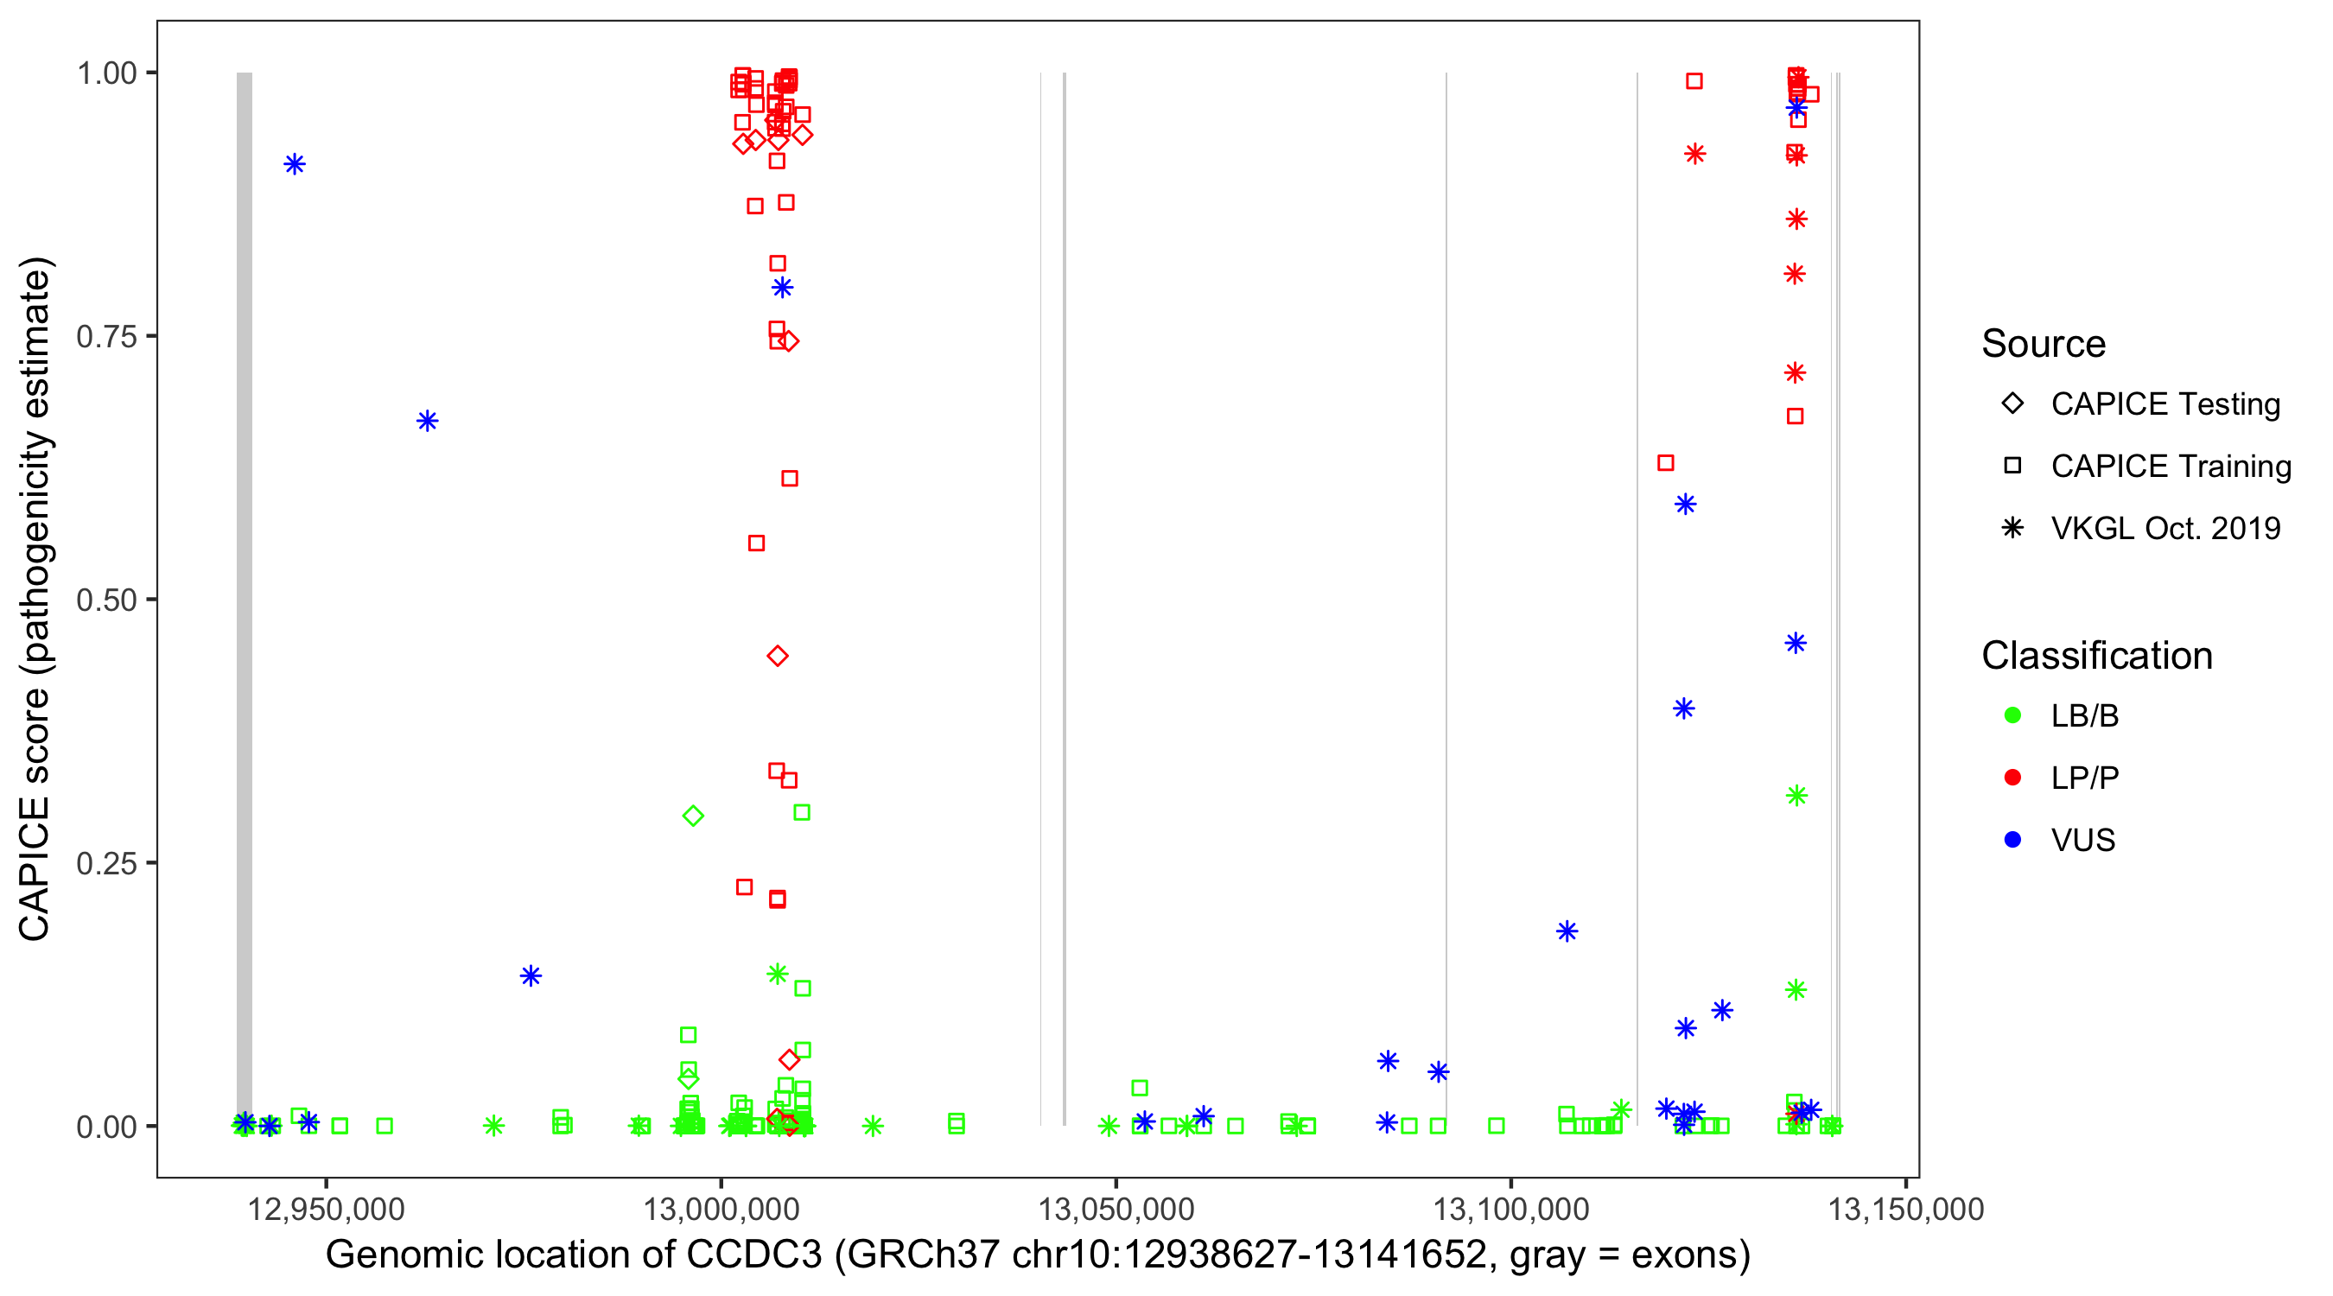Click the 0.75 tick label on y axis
coord(105,337)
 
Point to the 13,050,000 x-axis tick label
coord(1116,1210)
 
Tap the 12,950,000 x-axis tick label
coord(326,1210)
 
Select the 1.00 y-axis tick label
coord(105,73)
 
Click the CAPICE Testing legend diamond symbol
coord(2012,404)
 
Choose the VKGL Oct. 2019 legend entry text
coord(2165,529)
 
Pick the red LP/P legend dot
coord(2012,778)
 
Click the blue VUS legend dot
coord(2012,841)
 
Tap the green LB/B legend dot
coord(2012,715)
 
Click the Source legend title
coord(2044,344)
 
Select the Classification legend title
coord(2096,656)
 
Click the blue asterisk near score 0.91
coord(295,165)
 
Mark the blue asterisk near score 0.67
coord(428,421)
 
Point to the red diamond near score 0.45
coord(777,657)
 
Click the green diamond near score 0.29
coord(693,816)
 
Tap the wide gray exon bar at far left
coord(245,598)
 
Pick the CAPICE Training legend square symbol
coord(2012,467)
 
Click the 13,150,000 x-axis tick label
coord(1905,1210)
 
